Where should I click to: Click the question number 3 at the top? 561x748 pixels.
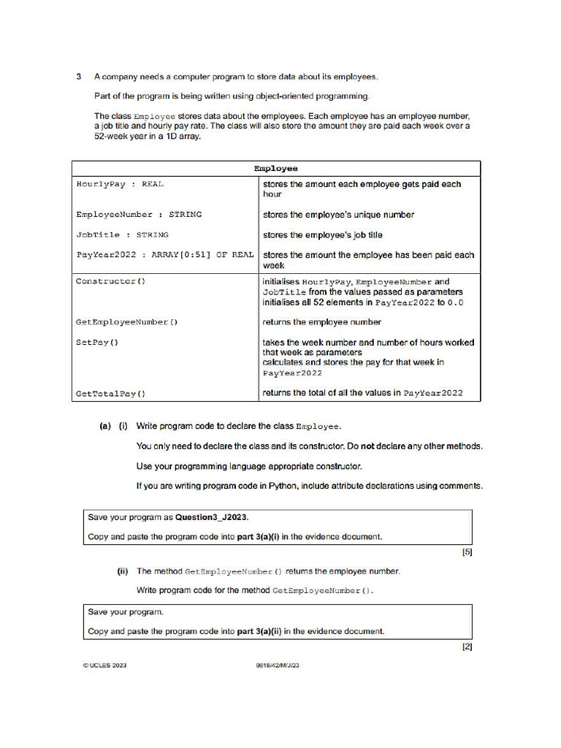point(78,77)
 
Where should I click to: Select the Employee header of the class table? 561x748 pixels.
point(275,169)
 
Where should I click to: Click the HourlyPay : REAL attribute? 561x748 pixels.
point(120,185)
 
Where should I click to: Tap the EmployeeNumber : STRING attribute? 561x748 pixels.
point(139,215)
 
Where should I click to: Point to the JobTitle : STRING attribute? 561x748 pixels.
point(122,235)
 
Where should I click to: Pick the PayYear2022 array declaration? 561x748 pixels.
point(164,255)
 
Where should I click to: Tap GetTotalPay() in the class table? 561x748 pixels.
point(110,394)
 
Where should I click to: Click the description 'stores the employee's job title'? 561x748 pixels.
point(322,235)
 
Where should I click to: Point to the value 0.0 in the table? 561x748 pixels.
point(455,302)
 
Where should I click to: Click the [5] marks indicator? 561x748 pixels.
point(467,552)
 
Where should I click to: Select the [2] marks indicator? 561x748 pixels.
point(467,647)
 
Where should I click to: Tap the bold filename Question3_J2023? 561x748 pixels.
point(212,517)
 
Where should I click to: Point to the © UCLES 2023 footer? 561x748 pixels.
point(105,665)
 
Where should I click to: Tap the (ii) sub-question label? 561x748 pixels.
point(123,571)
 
